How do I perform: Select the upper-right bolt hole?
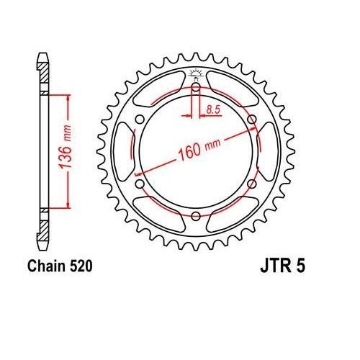click(x=251, y=120)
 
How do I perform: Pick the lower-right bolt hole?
click(x=251, y=184)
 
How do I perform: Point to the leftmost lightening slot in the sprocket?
click(x=122, y=151)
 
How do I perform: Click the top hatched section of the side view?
click(x=44, y=72)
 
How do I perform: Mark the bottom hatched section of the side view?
click(x=44, y=229)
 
